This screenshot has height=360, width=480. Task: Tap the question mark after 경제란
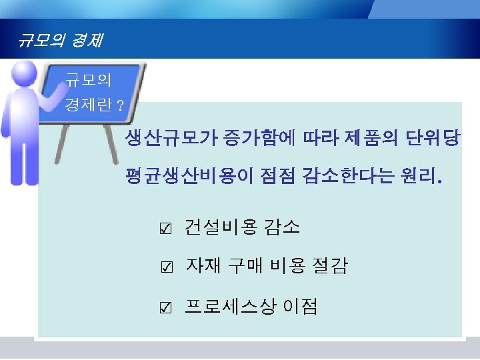119,105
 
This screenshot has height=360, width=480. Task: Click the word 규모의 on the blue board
89,81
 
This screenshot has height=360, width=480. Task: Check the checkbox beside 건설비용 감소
166,229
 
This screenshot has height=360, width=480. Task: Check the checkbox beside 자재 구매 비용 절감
166,269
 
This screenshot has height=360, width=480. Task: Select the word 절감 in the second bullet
329,267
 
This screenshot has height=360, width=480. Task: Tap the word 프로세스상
231,307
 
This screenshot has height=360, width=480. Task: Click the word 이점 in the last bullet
301,307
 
